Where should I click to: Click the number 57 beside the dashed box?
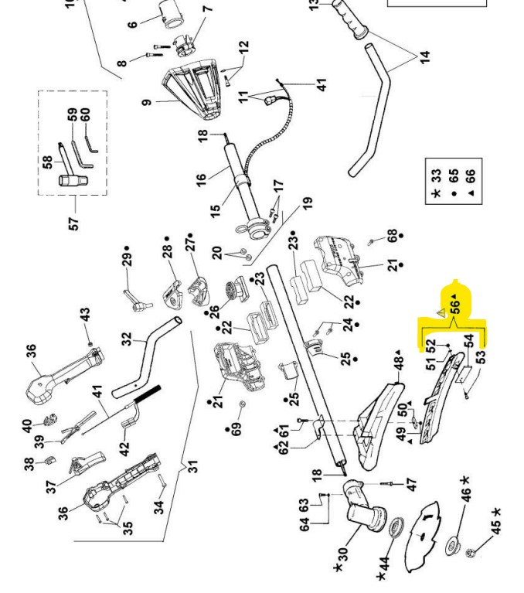pos(74,222)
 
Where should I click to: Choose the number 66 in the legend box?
pos(471,176)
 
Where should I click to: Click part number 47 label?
pos(411,484)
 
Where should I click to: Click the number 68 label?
pos(392,234)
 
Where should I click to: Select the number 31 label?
pos(193,467)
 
